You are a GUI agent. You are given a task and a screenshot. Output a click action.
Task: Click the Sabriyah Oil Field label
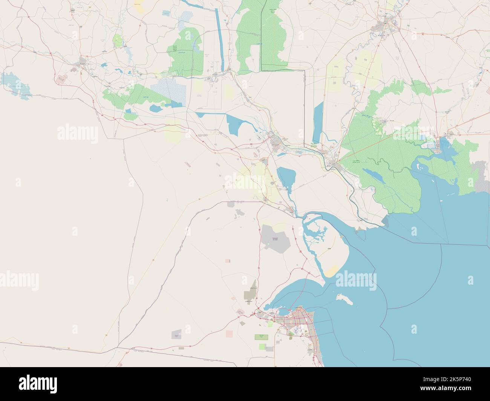tap(275, 239)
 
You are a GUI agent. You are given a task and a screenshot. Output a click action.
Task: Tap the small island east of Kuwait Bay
tap(344, 299)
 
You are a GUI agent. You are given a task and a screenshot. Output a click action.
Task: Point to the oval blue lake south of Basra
tap(286, 177)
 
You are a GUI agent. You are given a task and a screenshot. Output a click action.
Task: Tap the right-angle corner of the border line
tap(304, 70)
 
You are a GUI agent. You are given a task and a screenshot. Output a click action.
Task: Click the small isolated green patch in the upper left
tap(118, 39)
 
